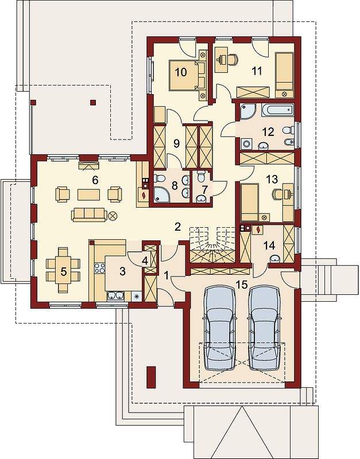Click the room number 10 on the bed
181,72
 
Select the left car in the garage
220,328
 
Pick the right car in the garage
265,328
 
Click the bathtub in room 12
276,110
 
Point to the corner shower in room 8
162,195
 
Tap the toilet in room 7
201,177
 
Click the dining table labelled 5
63,270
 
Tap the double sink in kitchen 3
115,296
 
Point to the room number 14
269,246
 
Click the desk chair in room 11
233,60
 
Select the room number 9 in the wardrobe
176,143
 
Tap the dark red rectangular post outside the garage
151,378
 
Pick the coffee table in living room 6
89,195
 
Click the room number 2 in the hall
177,227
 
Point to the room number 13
272,180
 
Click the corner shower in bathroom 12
248,111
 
